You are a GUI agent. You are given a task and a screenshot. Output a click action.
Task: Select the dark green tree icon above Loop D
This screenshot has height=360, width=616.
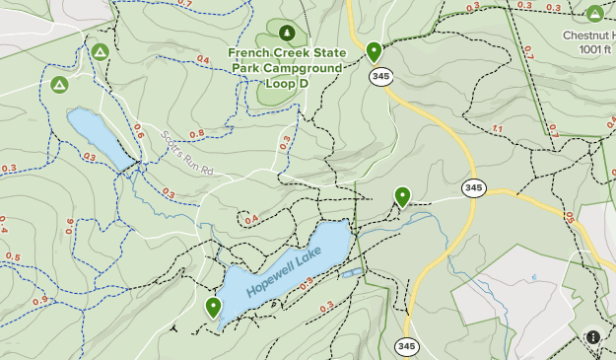pos(288,34)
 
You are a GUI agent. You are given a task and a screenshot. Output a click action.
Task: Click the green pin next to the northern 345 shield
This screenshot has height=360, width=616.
pos(374,51)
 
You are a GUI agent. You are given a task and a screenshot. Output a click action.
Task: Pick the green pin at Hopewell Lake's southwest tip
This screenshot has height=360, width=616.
pos(213,307)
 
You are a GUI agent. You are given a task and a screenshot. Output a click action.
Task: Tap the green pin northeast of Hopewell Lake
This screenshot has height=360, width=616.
pos(402,196)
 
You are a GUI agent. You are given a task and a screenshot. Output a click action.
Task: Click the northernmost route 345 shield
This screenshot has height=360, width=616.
pos(376,76)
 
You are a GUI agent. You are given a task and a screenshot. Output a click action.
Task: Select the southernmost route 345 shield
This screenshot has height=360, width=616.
pos(406,346)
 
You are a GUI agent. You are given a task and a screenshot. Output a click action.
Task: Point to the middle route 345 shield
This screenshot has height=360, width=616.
pos(473,187)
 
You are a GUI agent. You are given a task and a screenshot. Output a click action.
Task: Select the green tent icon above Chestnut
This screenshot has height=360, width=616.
pos(594,14)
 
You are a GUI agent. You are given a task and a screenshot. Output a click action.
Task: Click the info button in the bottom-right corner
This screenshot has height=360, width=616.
pos(593,337)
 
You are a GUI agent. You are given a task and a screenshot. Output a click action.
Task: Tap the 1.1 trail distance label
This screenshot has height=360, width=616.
pos(496,129)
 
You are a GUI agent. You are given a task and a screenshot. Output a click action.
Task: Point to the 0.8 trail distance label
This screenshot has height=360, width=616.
pos(196,133)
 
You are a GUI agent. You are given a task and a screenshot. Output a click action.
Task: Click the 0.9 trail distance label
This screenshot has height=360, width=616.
pos(39,301)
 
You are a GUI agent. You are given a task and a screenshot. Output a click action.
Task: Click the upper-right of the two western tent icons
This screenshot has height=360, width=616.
pos(100,51)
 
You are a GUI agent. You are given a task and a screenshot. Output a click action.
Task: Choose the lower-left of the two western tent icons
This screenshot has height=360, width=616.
pos(59,86)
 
